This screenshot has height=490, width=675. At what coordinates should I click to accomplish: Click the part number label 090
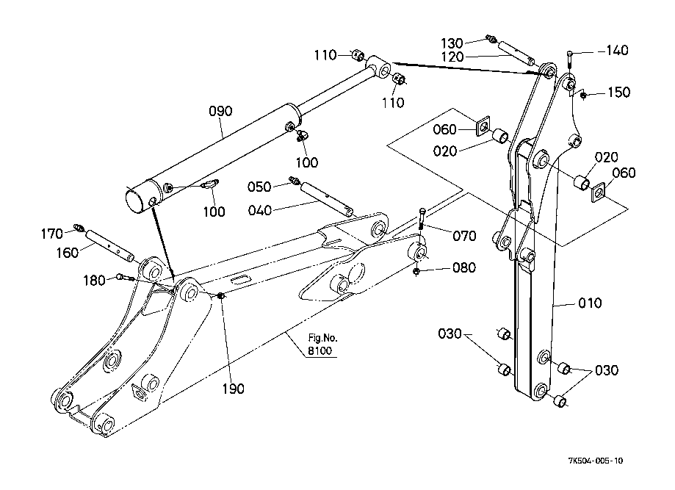[220, 111]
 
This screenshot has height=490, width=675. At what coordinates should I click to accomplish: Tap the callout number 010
[590, 303]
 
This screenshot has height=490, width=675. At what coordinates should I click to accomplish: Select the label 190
[233, 389]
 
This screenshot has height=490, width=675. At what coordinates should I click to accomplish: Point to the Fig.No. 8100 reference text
[322, 345]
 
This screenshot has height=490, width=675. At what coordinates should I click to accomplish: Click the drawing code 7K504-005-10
[596, 461]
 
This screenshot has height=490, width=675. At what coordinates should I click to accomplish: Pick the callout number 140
[617, 51]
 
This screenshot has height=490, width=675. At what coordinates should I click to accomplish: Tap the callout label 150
[618, 92]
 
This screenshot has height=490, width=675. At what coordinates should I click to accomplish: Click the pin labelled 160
[109, 247]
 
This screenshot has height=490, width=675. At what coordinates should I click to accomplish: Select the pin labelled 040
[327, 198]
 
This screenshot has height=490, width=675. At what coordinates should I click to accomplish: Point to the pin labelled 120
[516, 53]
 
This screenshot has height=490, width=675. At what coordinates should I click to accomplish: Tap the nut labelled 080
[416, 272]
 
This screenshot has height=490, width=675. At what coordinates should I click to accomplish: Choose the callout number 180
[94, 281]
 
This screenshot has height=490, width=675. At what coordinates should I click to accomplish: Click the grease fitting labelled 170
[77, 227]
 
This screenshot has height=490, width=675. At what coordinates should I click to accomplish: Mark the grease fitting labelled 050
[294, 179]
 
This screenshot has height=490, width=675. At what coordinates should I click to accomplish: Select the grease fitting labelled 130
[491, 38]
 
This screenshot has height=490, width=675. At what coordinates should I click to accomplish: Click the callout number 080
[464, 268]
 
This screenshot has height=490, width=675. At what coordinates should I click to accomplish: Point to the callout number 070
[464, 236]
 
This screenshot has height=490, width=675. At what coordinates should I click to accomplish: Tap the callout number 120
[452, 57]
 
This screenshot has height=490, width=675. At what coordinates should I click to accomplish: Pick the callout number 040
[260, 211]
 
